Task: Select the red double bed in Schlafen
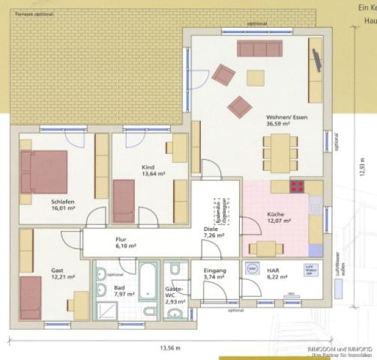(44, 172)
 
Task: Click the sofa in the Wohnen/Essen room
(259, 49)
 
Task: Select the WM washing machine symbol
(252, 268)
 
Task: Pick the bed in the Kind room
(124, 200)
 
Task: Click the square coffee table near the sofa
(256, 77)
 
